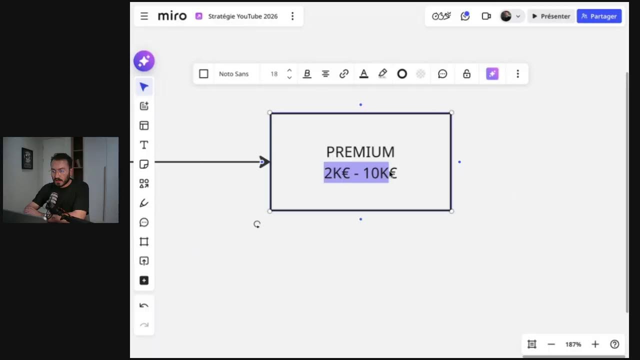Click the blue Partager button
[x=599, y=16]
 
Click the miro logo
[x=172, y=16]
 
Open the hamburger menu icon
[x=144, y=16]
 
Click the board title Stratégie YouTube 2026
[x=243, y=16]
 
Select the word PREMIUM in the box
[x=360, y=151]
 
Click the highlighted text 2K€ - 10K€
[x=360, y=173]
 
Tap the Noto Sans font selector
[x=233, y=74]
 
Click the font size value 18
[x=274, y=74]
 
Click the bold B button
[x=307, y=74]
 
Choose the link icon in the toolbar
[x=344, y=74]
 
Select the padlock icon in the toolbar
[x=466, y=73]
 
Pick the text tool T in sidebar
[x=144, y=145]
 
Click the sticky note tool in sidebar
[x=144, y=164]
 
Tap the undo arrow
[x=143, y=305]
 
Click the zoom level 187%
[x=573, y=344]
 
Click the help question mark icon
[x=614, y=344]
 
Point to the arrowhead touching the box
[x=264, y=162]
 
